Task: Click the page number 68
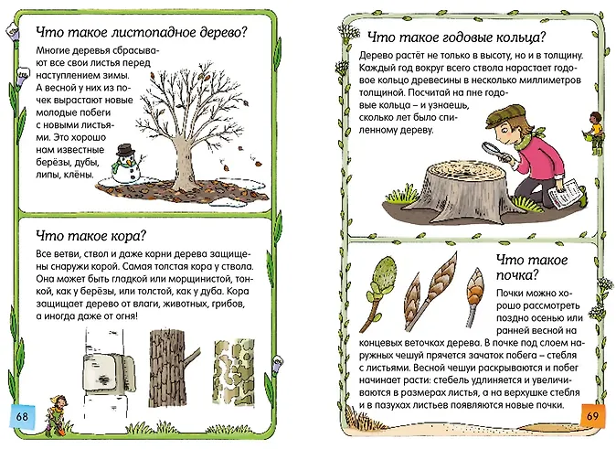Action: click(x=22, y=415)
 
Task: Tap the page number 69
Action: click(x=592, y=415)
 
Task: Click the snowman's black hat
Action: click(x=126, y=149)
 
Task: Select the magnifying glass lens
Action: click(x=490, y=149)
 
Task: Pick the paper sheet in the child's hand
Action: click(x=564, y=192)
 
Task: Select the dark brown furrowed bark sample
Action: click(x=167, y=369)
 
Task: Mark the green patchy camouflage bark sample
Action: click(x=234, y=371)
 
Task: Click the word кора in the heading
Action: click(x=128, y=236)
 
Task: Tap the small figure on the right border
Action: click(x=595, y=133)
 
